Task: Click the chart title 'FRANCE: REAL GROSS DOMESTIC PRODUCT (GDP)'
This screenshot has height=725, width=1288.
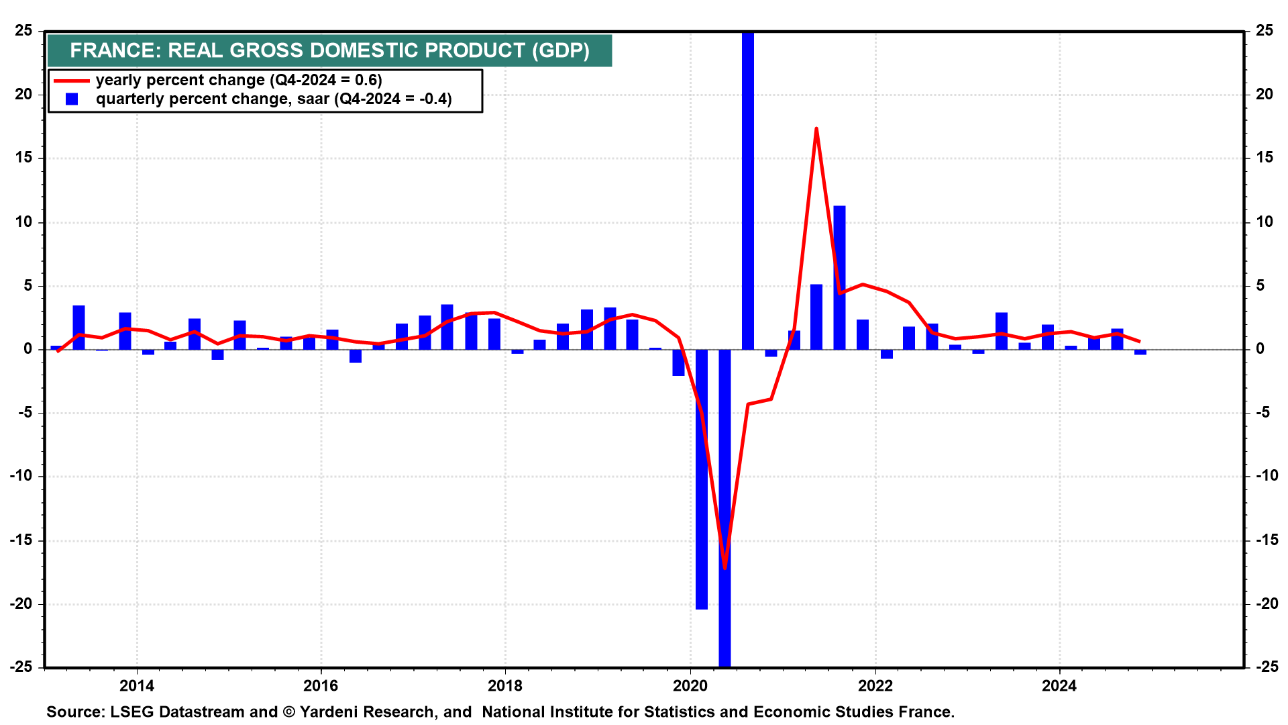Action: tap(329, 50)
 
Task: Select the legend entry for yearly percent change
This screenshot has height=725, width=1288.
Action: tap(238, 81)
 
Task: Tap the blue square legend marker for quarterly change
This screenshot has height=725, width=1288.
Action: tap(72, 99)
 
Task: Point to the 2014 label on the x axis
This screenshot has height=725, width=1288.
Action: tap(136, 685)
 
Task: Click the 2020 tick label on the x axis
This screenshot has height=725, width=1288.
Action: tap(690, 685)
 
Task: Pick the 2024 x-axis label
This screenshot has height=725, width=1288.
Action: tap(1059, 685)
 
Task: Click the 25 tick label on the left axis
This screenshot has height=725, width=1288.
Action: tap(24, 31)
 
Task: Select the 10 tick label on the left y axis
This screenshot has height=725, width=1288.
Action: tap(24, 222)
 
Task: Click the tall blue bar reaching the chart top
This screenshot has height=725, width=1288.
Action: tap(748, 188)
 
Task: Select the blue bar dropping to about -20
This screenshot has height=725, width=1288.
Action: tap(702, 480)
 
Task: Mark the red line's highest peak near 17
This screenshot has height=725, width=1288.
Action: tap(816, 128)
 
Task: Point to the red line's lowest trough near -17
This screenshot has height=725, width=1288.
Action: tap(724, 568)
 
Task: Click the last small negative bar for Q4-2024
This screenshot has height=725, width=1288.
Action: tap(1140, 352)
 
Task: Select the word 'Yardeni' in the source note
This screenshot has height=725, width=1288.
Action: tap(328, 712)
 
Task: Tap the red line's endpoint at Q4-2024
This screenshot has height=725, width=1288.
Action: tap(1140, 341)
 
